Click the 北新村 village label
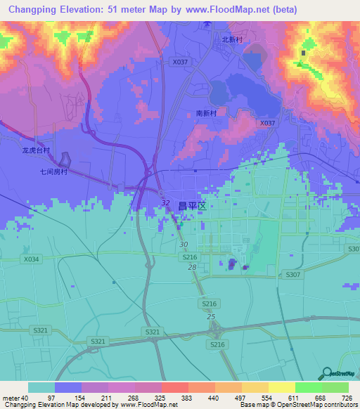pyautogui.click(x=232, y=41)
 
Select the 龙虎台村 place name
pyautogui.click(x=36, y=150)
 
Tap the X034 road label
pyautogui.click(x=32, y=259)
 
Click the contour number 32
pyautogui.click(x=165, y=203)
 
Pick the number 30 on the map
pyautogui.click(x=184, y=245)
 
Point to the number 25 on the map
pyautogui.click(x=210, y=317)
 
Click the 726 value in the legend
pyautogui.click(x=347, y=397)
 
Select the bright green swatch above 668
pyautogui.click(x=308, y=387)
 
